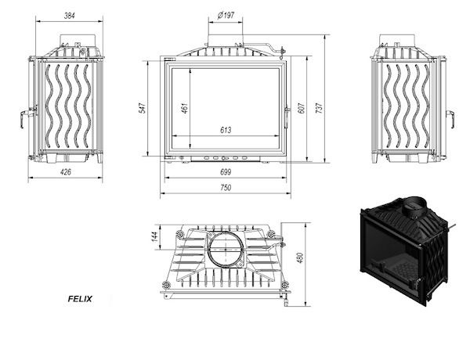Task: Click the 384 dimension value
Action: coord(69,16)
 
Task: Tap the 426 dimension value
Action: coord(66,172)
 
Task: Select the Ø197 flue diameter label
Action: coord(226,15)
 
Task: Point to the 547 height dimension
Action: coord(143,108)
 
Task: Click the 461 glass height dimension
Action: coord(185,108)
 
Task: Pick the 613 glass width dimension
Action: coord(226,130)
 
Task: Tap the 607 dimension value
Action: coord(302,108)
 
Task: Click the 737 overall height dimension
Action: coord(320,108)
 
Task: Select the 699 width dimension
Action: coord(226,172)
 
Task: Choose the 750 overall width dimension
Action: coord(226,188)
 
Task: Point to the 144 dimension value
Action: coord(154,236)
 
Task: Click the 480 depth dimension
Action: coord(300,258)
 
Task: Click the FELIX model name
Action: coord(80,299)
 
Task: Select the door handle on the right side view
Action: coord(450,118)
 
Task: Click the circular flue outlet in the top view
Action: coord(226,249)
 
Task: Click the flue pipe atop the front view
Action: coord(226,41)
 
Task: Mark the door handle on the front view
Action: coord(286,117)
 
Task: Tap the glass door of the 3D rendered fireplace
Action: coord(391,257)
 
